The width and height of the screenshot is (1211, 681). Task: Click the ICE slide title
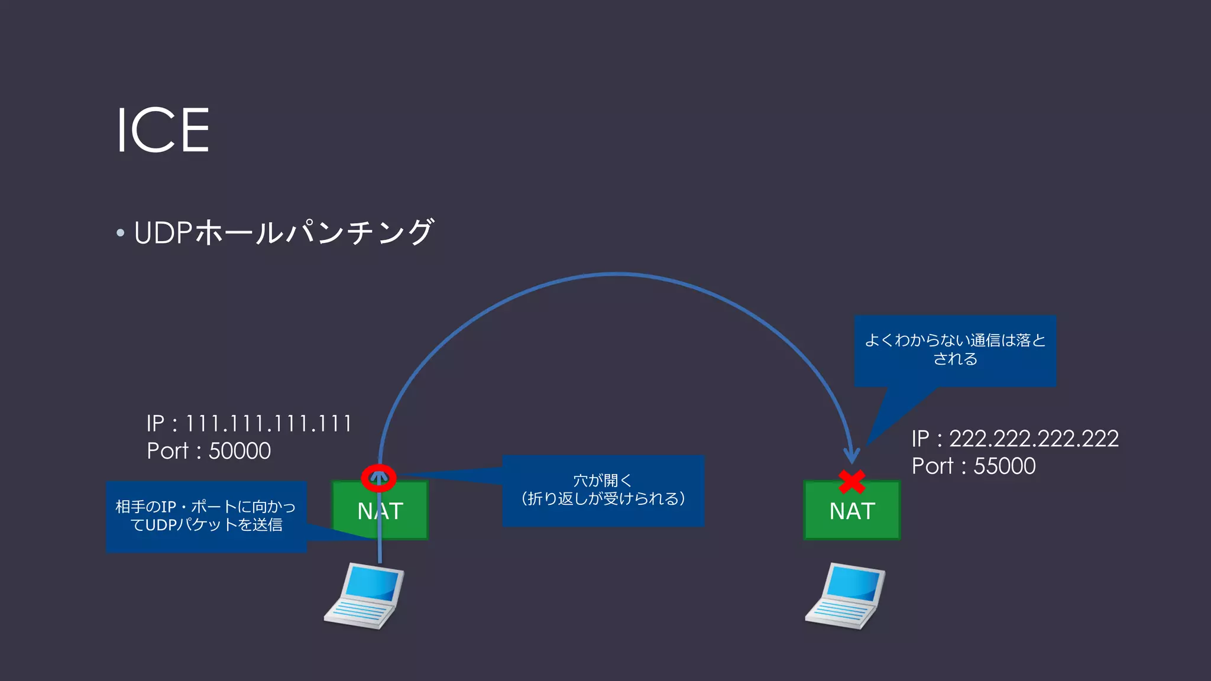point(163,131)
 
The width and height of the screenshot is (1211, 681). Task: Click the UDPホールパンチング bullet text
point(284,232)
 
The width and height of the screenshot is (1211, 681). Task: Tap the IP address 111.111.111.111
point(268,424)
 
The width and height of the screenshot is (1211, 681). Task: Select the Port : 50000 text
point(209,451)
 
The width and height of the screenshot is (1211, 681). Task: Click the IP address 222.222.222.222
point(1033,439)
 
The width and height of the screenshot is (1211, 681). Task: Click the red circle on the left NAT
point(378,478)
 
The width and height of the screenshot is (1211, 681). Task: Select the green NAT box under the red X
point(851,512)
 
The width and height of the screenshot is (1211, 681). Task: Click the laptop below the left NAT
point(364,596)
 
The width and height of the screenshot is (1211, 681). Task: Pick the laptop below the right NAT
point(845,596)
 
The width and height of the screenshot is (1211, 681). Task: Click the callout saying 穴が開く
point(603,490)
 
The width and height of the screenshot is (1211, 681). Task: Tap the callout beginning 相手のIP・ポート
point(206,516)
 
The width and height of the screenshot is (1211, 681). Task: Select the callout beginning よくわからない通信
point(955,351)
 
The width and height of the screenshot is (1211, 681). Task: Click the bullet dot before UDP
point(121,233)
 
